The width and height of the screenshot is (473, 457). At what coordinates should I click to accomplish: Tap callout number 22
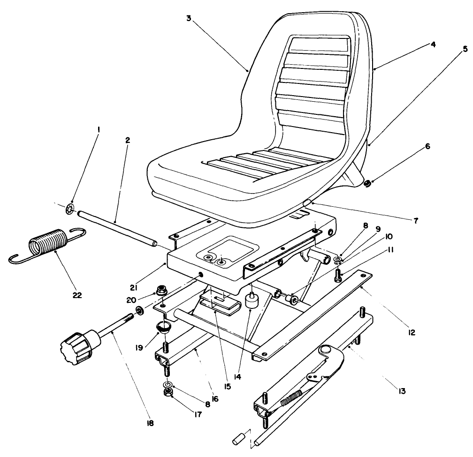click(x=77, y=295)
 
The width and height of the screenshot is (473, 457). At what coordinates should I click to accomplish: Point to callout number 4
click(x=433, y=45)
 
